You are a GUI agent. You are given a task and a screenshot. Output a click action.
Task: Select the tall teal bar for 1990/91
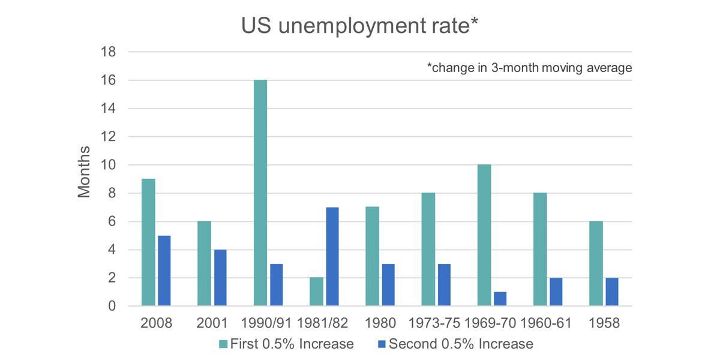[260, 193]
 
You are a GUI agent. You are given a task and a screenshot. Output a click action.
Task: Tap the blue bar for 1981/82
[331, 257]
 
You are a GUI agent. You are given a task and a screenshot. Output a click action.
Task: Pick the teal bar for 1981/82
[316, 292]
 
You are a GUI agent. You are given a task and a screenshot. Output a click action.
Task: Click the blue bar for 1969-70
[500, 299]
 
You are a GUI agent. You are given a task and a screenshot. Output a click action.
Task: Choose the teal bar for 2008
[148, 242]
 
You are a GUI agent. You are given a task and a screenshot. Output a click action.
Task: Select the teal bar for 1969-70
[484, 235]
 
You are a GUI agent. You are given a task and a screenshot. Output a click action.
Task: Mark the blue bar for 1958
[611, 292]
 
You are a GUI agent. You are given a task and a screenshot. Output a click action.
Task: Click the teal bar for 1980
[372, 256]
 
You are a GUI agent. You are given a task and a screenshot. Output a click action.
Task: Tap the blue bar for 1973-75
[443, 285]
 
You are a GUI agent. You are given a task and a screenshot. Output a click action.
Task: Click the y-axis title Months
[85, 172]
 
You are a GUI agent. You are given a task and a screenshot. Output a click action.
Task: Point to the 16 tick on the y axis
[108, 80]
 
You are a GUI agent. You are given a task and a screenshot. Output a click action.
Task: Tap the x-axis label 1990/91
[268, 323]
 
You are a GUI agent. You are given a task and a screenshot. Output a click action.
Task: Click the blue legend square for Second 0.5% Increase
[380, 344]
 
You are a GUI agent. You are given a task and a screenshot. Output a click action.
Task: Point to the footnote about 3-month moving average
[529, 68]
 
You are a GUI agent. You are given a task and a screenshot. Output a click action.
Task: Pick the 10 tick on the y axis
[108, 165]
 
